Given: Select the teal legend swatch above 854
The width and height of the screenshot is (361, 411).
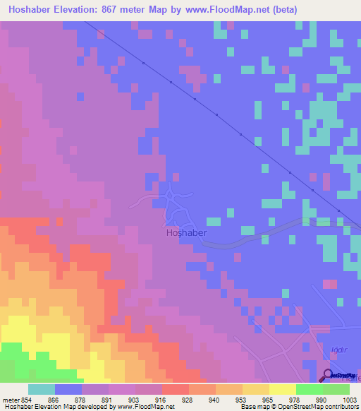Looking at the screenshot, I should [x=41, y=389].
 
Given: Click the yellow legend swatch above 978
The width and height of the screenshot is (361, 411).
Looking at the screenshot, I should [x=282, y=389].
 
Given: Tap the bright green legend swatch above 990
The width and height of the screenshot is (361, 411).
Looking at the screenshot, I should [x=309, y=389].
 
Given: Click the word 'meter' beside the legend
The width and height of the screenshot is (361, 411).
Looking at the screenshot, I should [x=11, y=399].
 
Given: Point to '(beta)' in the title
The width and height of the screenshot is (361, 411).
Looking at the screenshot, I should [x=277, y=10].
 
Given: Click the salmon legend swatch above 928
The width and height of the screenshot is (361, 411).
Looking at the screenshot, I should [x=175, y=389].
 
